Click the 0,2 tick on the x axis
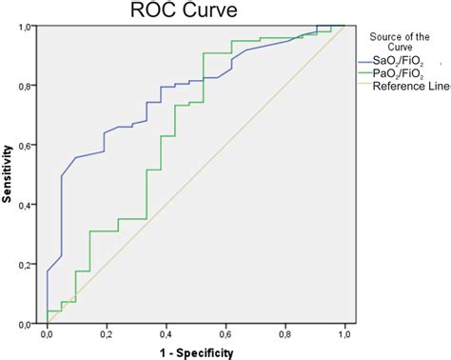point(106,334)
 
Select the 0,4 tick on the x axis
point(166,334)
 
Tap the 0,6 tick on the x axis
point(225,334)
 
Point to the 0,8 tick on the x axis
point(285,334)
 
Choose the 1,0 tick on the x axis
point(344,334)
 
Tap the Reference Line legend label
point(409,87)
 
